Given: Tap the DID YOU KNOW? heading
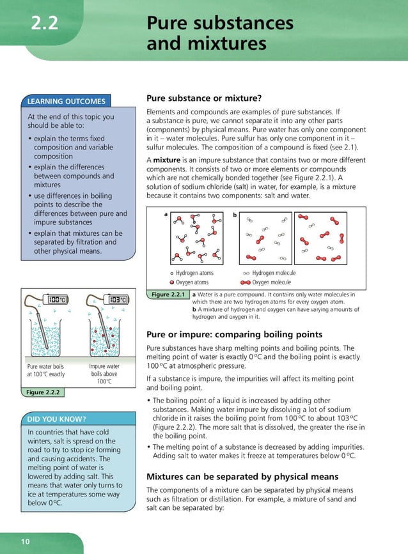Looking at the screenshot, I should click(x=57, y=419).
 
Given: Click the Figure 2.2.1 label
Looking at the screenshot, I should click(x=167, y=295).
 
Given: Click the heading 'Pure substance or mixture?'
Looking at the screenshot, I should click(x=205, y=98).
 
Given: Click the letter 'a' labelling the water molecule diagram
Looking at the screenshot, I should click(x=165, y=215).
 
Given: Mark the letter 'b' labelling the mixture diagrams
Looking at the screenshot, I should click(x=235, y=215).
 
